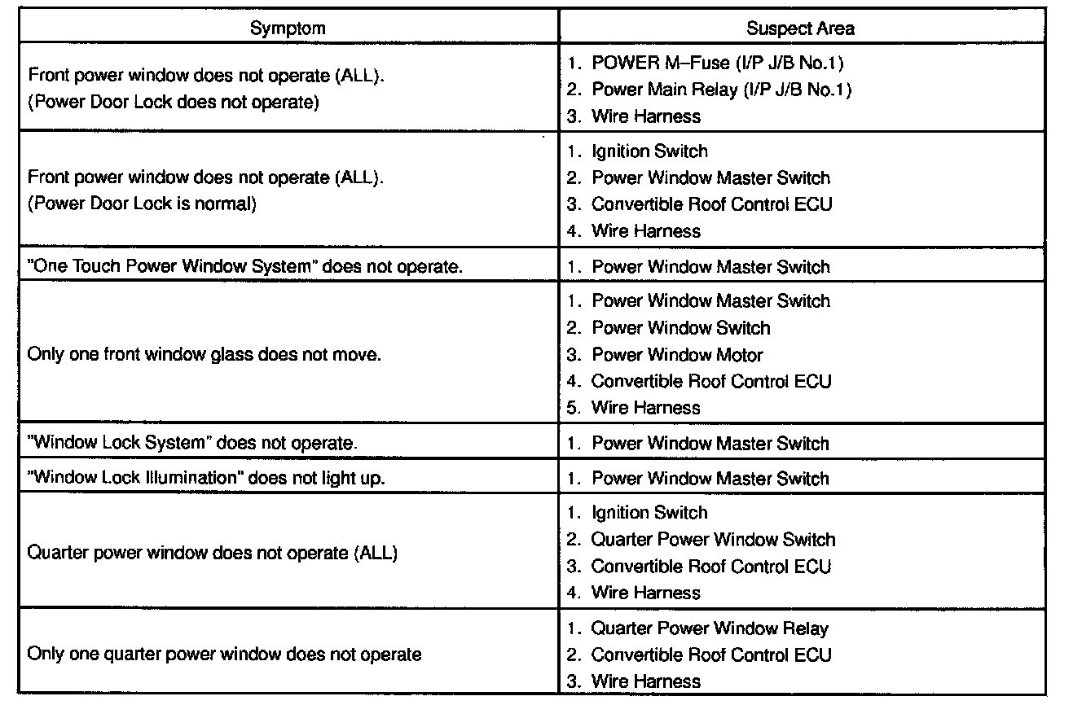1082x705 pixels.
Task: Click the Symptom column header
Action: coord(288,28)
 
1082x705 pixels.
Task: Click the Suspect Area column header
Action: coord(800,28)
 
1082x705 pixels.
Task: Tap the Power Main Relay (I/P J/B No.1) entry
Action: coord(721,90)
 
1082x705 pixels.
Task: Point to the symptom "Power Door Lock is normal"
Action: coord(142,204)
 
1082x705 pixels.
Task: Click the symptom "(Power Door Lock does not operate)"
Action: coord(172,103)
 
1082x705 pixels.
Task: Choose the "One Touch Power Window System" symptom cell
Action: coord(244,267)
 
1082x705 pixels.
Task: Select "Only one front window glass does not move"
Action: coord(204,354)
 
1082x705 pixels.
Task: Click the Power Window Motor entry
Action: coord(676,355)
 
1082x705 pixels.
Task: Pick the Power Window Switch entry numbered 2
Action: coord(680,328)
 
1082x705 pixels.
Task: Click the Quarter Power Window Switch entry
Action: coord(713,540)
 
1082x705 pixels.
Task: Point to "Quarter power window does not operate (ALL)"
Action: coord(212,554)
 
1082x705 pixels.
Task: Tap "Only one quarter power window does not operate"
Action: coord(224,655)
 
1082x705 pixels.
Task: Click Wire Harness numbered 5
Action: coord(645,408)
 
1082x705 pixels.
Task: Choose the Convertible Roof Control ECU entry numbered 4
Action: coord(710,381)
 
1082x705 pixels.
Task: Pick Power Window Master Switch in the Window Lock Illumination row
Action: coord(710,479)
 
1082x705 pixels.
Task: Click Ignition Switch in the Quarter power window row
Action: coord(649,513)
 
